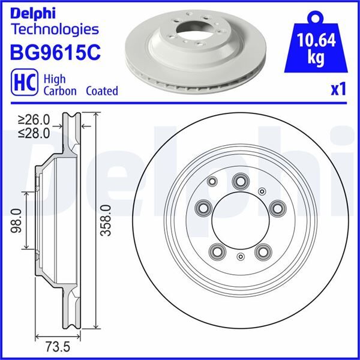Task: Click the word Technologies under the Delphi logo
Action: click(x=55, y=28)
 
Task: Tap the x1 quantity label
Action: click(x=339, y=89)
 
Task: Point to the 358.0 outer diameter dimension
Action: click(x=106, y=220)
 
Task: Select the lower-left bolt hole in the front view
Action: click(x=216, y=251)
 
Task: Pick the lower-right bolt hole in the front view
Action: click(x=262, y=251)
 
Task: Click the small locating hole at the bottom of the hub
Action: click(x=240, y=257)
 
